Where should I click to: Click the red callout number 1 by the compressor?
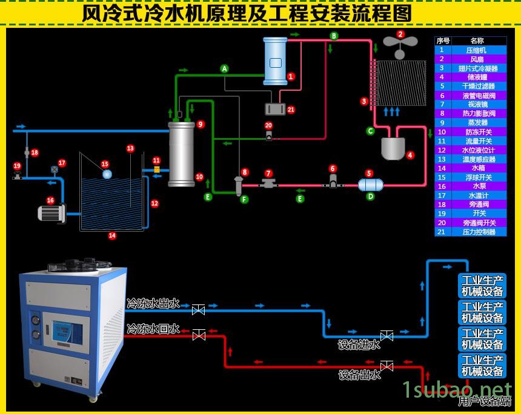[x=291, y=77]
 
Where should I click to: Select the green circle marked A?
[x=224, y=69]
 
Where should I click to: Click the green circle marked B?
[x=334, y=36]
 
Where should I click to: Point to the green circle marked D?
[x=370, y=196]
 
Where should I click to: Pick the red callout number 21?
[x=291, y=110]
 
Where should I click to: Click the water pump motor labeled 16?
[x=51, y=213]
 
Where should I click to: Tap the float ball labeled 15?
[x=107, y=174]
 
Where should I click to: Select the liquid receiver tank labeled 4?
[x=393, y=148]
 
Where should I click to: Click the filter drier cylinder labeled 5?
[x=370, y=185]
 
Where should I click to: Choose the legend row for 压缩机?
[x=470, y=50]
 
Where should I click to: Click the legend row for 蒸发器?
[x=470, y=123]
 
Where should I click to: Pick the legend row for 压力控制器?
[x=470, y=232]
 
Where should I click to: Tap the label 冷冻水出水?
[x=153, y=303]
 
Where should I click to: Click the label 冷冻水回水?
[x=153, y=329]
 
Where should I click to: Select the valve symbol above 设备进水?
[x=387, y=335]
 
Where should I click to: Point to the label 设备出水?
[x=359, y=375]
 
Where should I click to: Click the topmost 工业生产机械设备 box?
[x=482, y=286]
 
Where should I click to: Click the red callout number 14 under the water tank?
[x=112, y=235]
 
